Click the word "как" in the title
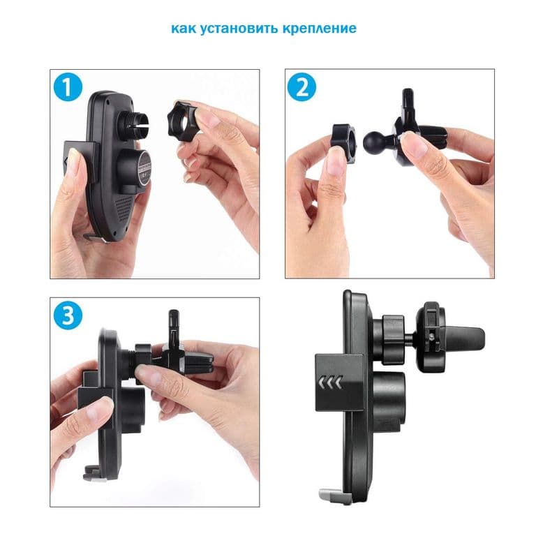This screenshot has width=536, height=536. point(184,28)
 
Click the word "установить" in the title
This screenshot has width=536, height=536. point(239,29)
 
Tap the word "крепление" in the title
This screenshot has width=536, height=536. point(320,29)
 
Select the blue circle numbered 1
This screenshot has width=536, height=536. point(68,87)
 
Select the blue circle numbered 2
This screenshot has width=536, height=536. point(301,87)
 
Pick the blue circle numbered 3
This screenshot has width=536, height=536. point(68,315)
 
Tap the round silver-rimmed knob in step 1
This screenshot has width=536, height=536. point(145,167)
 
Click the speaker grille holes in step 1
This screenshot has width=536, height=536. point(123,209)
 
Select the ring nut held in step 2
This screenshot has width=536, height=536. point(343,144)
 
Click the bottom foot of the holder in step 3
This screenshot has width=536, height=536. point(92,475)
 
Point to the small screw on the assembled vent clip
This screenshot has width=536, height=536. point(433,336)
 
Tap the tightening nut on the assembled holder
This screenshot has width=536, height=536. point(394,339)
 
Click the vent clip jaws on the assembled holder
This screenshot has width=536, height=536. point(461,338)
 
